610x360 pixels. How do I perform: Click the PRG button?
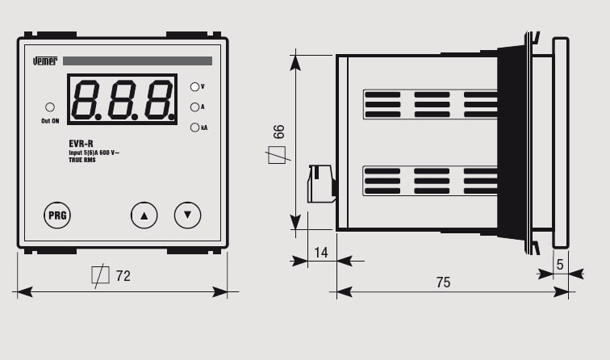(57, 215)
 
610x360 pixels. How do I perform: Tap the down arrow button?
(187, 215)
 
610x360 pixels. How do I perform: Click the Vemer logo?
(45, 61)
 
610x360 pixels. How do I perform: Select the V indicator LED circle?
(195, 87)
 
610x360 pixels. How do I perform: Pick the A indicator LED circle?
(195, 107)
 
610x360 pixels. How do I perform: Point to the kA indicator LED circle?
(195, 128)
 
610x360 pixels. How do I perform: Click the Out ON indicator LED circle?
(50, 107)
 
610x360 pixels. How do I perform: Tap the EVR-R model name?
(81, 144)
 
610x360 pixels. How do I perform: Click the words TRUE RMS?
(82, 160)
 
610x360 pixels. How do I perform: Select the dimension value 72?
(123, 276)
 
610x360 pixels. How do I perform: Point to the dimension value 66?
(278, 132)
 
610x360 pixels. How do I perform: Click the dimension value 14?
(321, 253)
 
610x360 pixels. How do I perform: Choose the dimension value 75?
(443, 283)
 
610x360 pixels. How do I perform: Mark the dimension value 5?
(560, 265)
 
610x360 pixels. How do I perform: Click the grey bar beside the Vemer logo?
(137, 61)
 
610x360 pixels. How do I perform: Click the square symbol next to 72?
(100, 275)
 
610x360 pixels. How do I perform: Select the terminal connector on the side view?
(321, 184)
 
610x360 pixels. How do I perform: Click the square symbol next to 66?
(278, 155)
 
